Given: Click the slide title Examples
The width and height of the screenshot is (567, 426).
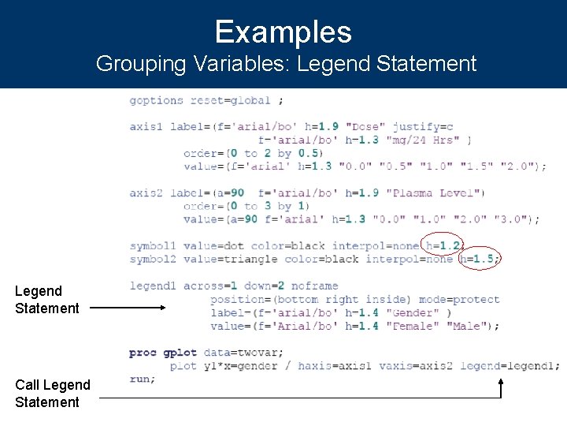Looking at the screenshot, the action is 283,32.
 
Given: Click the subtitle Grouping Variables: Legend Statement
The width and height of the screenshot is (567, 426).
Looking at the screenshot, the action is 286,63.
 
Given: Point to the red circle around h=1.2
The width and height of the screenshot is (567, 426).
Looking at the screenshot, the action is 443,245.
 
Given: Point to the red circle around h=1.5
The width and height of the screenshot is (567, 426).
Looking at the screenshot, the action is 479,258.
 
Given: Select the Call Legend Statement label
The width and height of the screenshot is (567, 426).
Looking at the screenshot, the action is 53,393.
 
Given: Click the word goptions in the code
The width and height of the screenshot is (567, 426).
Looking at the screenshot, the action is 157,100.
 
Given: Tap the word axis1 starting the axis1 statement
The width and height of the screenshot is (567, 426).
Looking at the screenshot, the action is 146,126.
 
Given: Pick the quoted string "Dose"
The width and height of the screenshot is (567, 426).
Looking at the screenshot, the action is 365,126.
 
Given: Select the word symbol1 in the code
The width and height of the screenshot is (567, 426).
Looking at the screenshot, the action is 153,245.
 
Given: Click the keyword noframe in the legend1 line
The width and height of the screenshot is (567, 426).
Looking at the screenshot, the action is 314,286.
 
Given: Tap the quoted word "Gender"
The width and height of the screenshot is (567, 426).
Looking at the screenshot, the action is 413,312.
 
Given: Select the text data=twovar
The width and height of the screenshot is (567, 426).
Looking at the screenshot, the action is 243,352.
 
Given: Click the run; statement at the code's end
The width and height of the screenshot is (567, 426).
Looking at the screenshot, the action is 143,379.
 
